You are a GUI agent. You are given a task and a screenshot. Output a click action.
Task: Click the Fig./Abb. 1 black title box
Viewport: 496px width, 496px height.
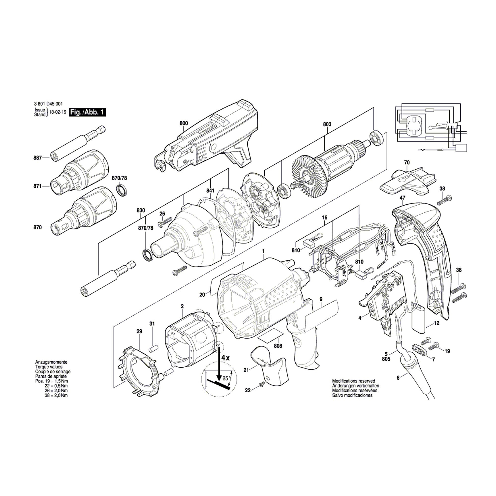(x=87, y=112)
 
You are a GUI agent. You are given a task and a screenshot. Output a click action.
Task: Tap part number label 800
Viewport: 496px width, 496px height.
(x=184, y=123)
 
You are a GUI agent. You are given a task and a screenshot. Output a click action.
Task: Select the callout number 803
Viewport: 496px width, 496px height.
(x=327, y=124)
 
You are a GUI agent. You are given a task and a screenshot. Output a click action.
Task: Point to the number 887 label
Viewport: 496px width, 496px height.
(x=37, y=158)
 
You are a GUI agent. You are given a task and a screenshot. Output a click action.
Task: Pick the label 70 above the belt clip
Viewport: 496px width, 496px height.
(x=407, y=162)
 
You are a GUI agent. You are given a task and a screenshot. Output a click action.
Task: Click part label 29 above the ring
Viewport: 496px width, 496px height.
(x=139, y=331)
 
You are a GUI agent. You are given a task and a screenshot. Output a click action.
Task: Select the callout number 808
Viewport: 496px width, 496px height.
(x=278, y=346)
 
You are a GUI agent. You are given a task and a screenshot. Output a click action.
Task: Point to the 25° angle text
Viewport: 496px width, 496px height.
(x=225, y=378)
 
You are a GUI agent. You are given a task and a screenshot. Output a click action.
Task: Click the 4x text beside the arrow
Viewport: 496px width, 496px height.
(x=225, y=358)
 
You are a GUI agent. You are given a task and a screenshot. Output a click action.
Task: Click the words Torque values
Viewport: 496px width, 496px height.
(x=49, y=367)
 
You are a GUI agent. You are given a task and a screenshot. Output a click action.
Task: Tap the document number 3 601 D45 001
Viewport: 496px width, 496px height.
(x=48, y=104)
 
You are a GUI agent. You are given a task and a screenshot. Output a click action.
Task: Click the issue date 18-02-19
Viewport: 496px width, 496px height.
(x=56, y=112)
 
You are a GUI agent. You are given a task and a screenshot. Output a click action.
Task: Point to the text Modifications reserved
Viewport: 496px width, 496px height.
(x=353, y=381)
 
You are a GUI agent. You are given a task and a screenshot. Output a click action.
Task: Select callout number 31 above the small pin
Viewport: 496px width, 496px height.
(x=152, y=324)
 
